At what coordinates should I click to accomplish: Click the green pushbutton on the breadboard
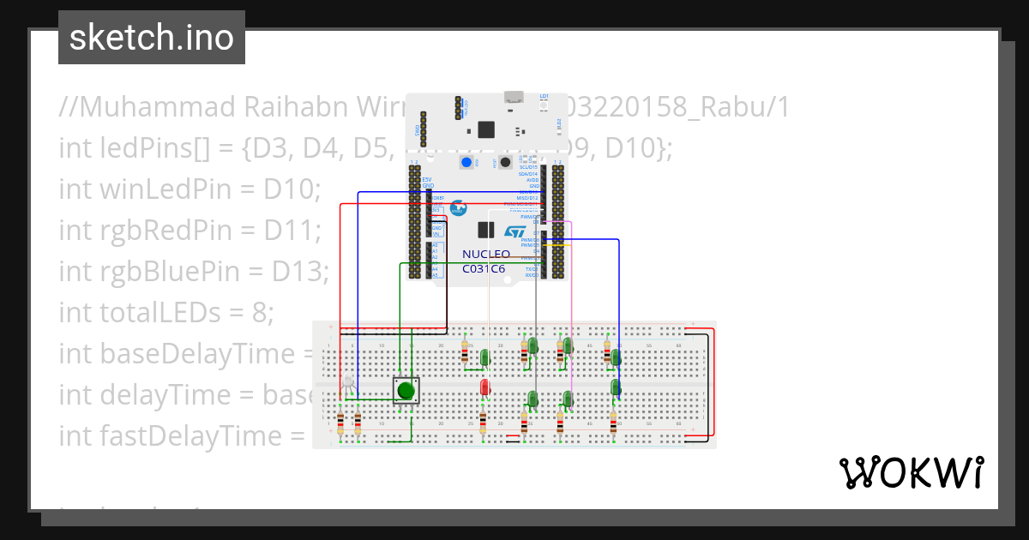point(406,391)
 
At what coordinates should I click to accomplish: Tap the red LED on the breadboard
point(484,387)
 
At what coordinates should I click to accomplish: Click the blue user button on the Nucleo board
point(467,162)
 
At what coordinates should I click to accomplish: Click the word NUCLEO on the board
point(486,255)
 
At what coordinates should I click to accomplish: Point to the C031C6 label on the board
point(484,269)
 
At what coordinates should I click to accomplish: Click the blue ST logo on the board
point(514,232)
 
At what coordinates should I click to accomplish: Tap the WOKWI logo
point(911,472)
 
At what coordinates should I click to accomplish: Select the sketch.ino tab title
point(152,38)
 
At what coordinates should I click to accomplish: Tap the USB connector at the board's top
point(514,97)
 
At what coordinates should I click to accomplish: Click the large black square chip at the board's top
point(486,129)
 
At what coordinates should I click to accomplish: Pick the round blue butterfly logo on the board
point(458,208)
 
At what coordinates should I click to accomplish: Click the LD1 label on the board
point(545,96)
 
